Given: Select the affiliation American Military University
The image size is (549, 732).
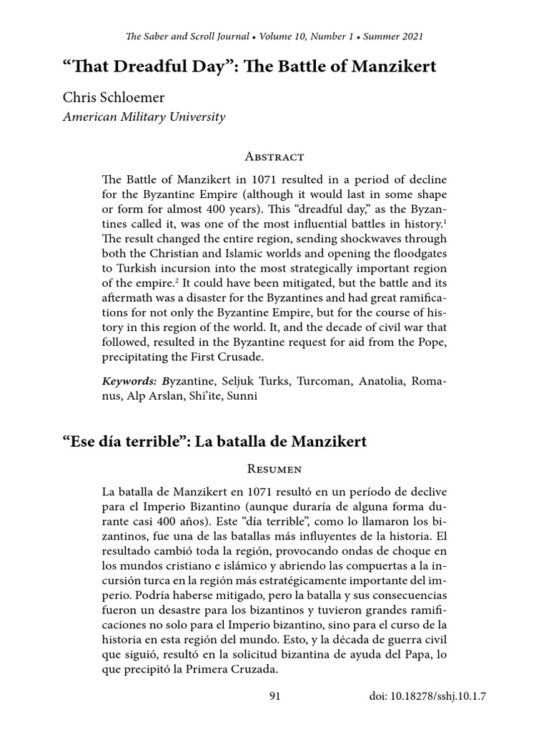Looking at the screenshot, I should (144, 117).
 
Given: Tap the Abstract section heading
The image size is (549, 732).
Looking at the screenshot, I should (274, 157).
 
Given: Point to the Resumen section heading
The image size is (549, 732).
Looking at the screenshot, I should (274, 469).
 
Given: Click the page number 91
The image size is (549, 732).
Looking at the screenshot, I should (274, 696).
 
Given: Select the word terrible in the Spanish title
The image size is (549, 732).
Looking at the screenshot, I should (147, 441).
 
